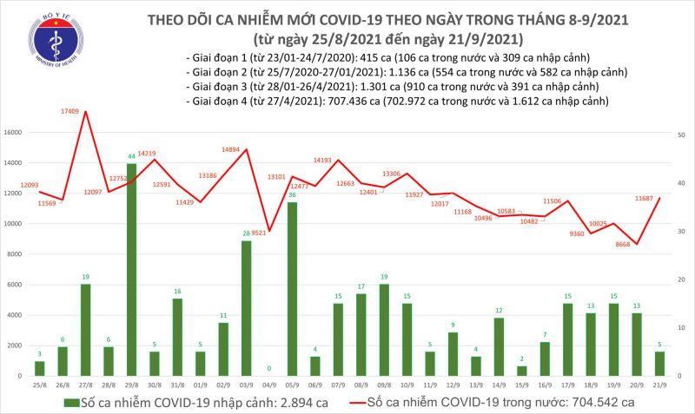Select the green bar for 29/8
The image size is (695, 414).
(x=131, y=269)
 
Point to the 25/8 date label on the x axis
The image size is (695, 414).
(x=40, y=384)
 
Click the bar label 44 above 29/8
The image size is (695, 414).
(x=131, y=157)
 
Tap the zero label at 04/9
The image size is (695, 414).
(x=268, y=369)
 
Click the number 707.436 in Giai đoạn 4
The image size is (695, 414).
(x=328, y=102)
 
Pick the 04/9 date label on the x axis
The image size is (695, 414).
(x=268, y=384)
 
